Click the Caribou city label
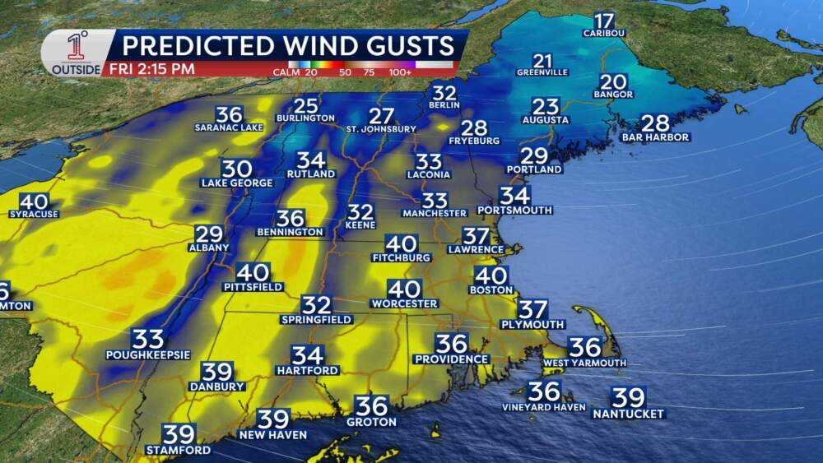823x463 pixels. click(604, 33)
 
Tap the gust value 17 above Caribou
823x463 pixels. click(604, 21)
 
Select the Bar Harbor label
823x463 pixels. click(656, 137)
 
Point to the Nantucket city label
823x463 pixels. click(629, 414)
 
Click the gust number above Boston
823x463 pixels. click(491, 276)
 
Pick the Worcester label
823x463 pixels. click(404, 303)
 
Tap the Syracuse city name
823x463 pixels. click(34, 214)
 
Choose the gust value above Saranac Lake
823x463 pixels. click(229, 115)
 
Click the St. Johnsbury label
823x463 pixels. click(381, 129)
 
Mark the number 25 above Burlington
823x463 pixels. click(306, 105)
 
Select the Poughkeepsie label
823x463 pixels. click(148, 354)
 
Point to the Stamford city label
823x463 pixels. click(178, 450)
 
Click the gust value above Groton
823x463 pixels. click(371, 405)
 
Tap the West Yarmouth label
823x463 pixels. click(584, 362)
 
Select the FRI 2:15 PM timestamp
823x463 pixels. click(151, 69)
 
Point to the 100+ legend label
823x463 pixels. click(436, 72)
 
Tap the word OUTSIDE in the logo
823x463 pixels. click(77, 69)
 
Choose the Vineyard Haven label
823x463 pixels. click(544, 407)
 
